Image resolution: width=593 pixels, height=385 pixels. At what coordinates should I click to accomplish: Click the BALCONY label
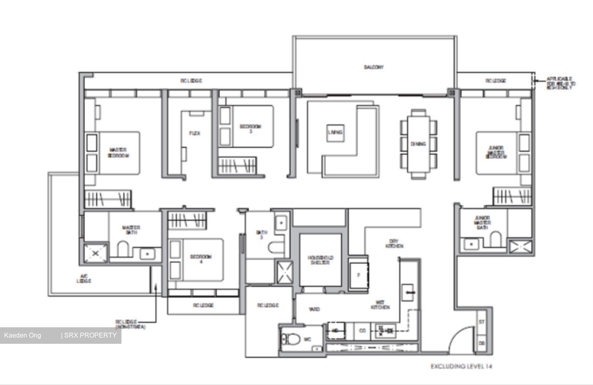coord(374,67)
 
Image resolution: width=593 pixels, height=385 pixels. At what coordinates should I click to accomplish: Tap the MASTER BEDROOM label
coord(118,153)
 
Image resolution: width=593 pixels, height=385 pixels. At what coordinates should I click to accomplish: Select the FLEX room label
coord(195,134)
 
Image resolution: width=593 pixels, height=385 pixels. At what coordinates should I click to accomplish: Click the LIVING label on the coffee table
coord(335,132)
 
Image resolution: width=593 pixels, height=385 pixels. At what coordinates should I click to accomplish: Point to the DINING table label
coord(418,144)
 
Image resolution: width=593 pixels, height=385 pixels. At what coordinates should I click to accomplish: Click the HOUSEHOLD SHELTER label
coord(320,260)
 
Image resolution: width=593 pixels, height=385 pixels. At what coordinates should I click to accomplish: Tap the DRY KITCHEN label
coord(394,244)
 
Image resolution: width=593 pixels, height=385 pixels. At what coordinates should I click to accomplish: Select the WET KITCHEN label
coord(380,305)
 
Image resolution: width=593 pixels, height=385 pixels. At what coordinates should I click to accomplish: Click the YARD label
coord(314,309)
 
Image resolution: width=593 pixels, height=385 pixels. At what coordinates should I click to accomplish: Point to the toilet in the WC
coord(290,339)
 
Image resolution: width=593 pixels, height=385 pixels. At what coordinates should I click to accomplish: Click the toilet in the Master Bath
coord(123,249)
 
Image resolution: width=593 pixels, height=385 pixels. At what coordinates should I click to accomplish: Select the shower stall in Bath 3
coord(285,272)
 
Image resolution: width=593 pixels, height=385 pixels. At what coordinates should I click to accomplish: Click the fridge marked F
coord(358,275)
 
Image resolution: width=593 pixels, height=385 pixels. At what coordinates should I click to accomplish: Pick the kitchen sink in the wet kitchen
coord(408,292)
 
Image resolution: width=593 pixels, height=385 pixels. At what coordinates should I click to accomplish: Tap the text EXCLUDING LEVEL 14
coord(461,366)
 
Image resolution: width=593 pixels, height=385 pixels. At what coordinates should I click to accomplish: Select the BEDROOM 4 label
coord(201,259)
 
